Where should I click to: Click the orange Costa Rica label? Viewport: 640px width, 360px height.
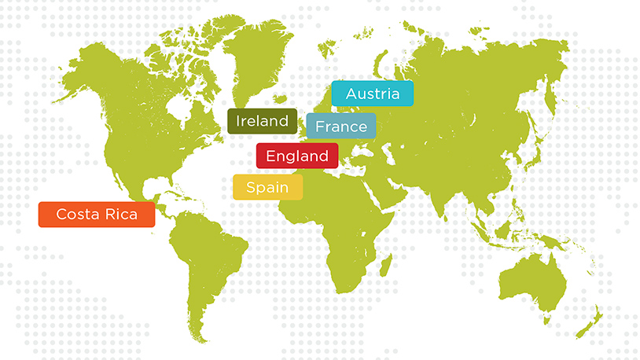[x=97, y=215]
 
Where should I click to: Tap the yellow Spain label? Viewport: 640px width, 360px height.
[x=267, y=187]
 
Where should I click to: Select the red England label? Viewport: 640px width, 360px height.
[x=297, y=156]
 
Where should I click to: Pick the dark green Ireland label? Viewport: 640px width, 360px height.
[x=263, y=121]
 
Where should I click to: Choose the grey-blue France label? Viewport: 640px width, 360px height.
[x=341, y=127]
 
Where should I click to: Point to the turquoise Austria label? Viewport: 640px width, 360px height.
[x=372, y=94]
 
